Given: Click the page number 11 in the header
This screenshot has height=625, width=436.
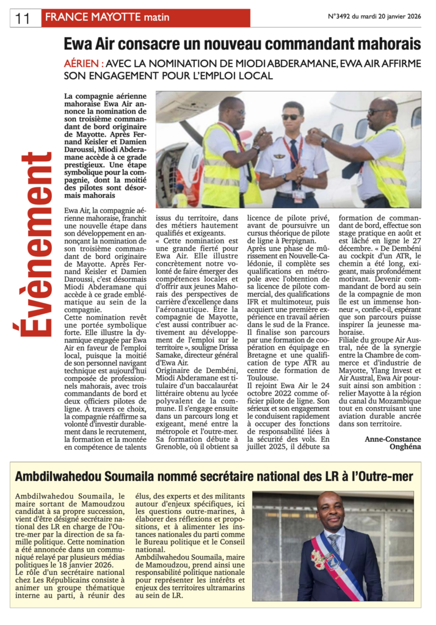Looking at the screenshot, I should tap(23, 18).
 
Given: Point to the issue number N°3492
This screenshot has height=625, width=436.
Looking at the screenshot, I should tap(346, 17).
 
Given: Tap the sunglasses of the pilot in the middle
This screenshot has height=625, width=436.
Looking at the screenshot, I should tap(291, 117).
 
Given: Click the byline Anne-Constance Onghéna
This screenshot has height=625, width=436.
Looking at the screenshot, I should tap(393, 443).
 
